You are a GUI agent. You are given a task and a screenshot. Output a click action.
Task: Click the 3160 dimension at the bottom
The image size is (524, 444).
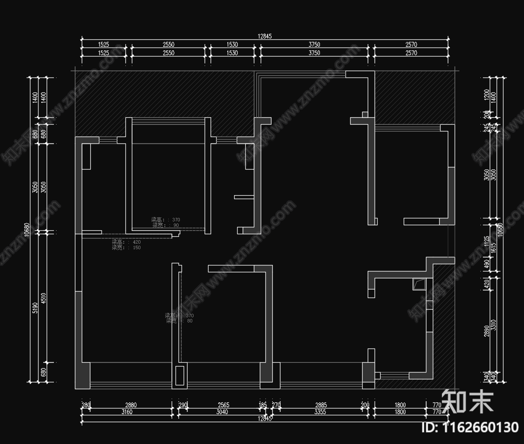tap(127, 412)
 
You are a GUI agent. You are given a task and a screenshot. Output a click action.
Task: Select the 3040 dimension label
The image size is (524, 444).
tap(222, 412)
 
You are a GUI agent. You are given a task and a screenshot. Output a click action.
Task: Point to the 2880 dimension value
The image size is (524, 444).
tap(131, 405)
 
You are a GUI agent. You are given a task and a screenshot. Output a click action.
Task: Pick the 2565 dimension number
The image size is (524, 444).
tap(223, 405)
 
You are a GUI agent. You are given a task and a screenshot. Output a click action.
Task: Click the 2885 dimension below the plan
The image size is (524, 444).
tap(321, 405)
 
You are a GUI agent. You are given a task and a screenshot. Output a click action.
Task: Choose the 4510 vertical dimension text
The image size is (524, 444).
tap(43, 298)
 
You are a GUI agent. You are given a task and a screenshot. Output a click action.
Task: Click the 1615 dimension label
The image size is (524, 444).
tap(494, 248)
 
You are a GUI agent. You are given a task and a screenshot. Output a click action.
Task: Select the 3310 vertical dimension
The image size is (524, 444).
tap(494, 325)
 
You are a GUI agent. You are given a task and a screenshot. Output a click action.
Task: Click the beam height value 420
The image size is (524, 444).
tap(137, 242)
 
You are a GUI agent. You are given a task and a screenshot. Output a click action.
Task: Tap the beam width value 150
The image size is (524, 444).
tap(137, 247)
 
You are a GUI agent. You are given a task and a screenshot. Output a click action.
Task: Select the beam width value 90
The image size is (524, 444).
tap(176, 225)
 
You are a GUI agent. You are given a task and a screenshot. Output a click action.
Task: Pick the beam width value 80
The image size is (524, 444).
tap(190, 321)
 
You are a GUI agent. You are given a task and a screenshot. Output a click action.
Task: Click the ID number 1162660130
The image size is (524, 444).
tap(470, 427)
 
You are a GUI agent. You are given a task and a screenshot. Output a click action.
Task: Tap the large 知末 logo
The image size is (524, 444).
tap(467, 401)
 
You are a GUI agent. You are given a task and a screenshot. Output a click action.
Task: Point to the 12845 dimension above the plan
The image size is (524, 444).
tap(265, 36)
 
